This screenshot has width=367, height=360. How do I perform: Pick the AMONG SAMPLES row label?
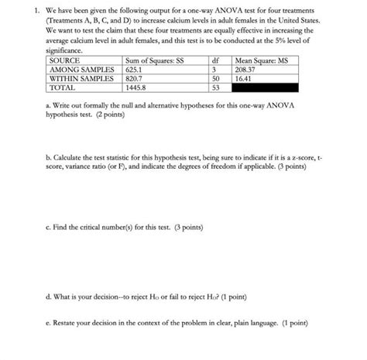tap(81, 70)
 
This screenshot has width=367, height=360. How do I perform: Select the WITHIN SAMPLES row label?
tap(81, 79)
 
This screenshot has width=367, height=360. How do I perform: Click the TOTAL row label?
tap(63, 88)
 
